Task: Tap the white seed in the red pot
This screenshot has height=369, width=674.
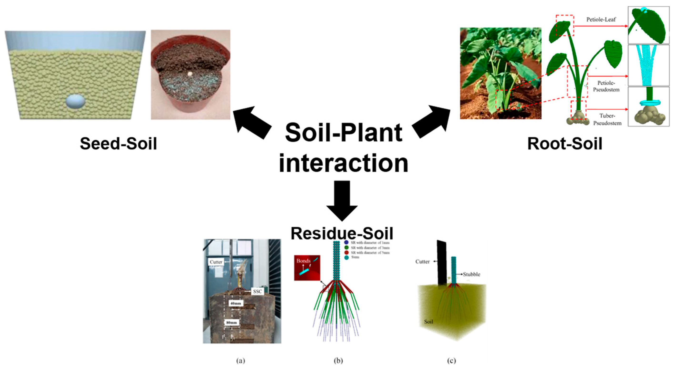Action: click(x=190, y=74)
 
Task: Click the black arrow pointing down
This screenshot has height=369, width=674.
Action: click(x=342, y=200)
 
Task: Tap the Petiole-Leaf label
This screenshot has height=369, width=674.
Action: click(x=601, y=19)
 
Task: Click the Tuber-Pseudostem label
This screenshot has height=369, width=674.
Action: click(x=607, y=119)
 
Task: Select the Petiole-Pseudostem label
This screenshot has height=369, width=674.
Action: click(x=606, y=86)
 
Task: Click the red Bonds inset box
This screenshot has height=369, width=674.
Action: click(x=307, y=268)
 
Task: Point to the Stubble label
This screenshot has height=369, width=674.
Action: click(x=471, y=274)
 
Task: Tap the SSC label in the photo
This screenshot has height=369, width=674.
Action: click(x=257, y=291)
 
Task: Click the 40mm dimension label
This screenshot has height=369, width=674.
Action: click(x=235, y=303)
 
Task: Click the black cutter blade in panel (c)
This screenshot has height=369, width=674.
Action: click(x=442, y=263)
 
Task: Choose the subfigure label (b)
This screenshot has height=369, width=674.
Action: click(x=338, y=361)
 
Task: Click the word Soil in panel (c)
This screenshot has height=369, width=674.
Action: click(x=429, y=321)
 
